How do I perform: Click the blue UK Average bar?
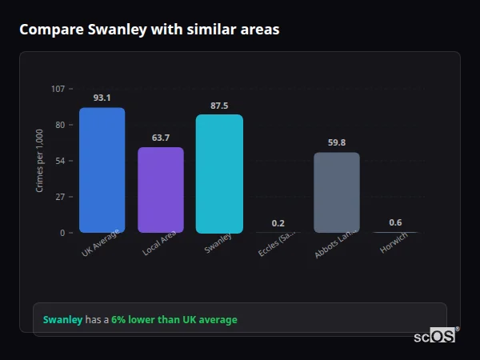pos(102,170)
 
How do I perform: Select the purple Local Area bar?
pos(161,190)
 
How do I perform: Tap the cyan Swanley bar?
pos(219,174)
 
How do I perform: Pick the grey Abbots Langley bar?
pos(337,193)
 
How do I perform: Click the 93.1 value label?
pos(102,98)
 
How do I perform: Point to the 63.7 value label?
pos(161,138)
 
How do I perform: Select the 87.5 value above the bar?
pos(219,106)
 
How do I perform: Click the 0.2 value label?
pos(278,223)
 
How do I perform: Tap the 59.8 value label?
pos(337,142)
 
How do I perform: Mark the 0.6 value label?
pos(395,222)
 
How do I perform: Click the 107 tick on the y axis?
pos(58,89)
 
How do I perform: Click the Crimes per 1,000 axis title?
pos(40,161)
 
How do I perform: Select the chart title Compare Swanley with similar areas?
pos(150,30)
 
